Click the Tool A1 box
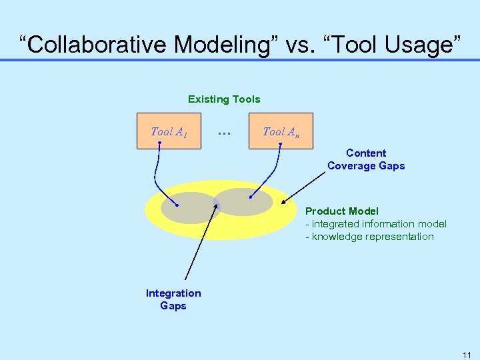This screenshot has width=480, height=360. point(169,131)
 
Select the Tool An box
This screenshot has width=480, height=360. point(281,131)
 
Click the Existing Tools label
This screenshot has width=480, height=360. point(224,99)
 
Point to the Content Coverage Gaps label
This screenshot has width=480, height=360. point(366,159)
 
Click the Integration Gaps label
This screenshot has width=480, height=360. point(173,299)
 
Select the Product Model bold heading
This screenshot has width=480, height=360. point(341,211)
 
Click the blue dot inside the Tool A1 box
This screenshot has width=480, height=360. point(159,143)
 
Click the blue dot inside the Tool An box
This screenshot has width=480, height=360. point(281,143)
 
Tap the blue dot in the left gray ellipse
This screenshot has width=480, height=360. point(177,205)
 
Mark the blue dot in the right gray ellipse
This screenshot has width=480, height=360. point(250,197)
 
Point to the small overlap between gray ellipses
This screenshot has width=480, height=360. point(216,203)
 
